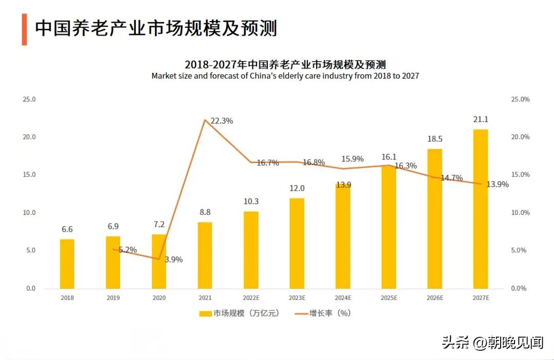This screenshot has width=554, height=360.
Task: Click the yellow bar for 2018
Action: click(x=67, y=264)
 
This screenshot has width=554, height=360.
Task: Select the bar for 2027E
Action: click(x=480, y=209)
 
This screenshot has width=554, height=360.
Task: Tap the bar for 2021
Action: click(x=205, y=255)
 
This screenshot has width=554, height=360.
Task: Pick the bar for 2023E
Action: click(x=296, y=243)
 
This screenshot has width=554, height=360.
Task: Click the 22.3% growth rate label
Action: click(x=222, y=121)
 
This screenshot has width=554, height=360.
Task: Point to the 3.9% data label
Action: click(x=173, y=259)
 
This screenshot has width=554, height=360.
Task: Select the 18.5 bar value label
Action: click(x=434, y=139)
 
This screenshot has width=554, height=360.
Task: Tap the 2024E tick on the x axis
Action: click(x=343, y=297)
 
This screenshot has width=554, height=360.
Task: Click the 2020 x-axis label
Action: click(x=159, y=297)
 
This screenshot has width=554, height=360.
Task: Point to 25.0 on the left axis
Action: click(x=29, y=99)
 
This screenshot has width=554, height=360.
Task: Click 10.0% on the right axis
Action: click(x=520, y=212)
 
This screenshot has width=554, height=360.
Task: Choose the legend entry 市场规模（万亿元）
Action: click(x=240, y=313)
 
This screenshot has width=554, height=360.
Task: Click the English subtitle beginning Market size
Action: click(x=285, y=76)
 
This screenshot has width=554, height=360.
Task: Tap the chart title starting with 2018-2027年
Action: click(x=285, y=65)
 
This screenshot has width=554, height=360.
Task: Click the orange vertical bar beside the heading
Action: click(x=24, y=29)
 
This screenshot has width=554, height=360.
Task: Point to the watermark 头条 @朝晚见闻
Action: click(x=492, y=342)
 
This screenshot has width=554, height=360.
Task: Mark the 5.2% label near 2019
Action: click(x=127, y=250)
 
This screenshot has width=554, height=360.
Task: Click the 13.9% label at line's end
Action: click(x=498, y=184)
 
